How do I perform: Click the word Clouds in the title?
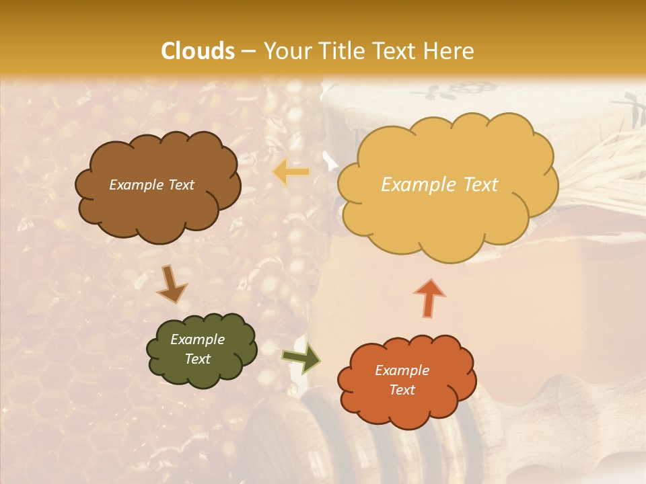[x=198, y=51]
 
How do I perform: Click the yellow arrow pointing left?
[x=291, y=173]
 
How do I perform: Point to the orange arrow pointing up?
[x=429, y=296]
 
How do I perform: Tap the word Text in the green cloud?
[x=198, y=359]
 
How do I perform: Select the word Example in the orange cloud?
[x=402, y=370]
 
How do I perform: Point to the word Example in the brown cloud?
[x=136, y=185]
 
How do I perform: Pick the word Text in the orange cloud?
[x=402, y=390]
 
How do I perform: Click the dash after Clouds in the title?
[x=248, y=52]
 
